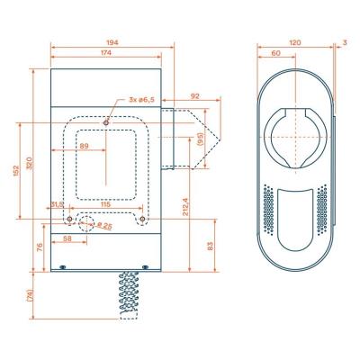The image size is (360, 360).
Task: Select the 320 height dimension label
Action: coord(30,166)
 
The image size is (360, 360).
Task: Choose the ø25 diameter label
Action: coord(104,225)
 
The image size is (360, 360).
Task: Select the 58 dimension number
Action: coord(68,238)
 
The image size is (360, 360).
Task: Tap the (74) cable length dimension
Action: coord(30,295)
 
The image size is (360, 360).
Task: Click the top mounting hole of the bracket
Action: coord(106,121)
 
